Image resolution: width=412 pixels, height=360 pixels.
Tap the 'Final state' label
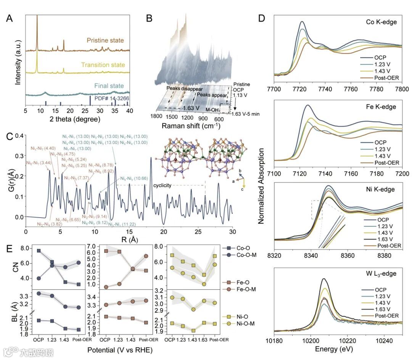111,86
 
